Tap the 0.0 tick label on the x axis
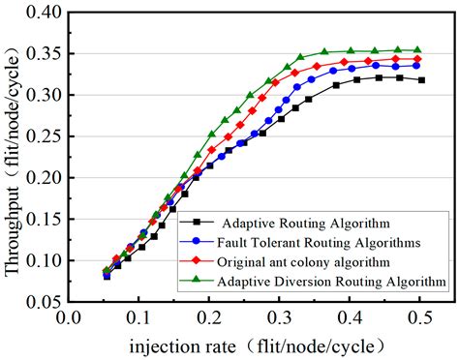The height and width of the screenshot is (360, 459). [67, 316]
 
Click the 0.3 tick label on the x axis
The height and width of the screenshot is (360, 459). [278, 316]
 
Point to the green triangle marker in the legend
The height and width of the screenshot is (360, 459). [198, 281]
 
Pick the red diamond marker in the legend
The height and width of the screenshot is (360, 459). [198, 260]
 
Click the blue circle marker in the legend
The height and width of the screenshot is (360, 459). [198, 241]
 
